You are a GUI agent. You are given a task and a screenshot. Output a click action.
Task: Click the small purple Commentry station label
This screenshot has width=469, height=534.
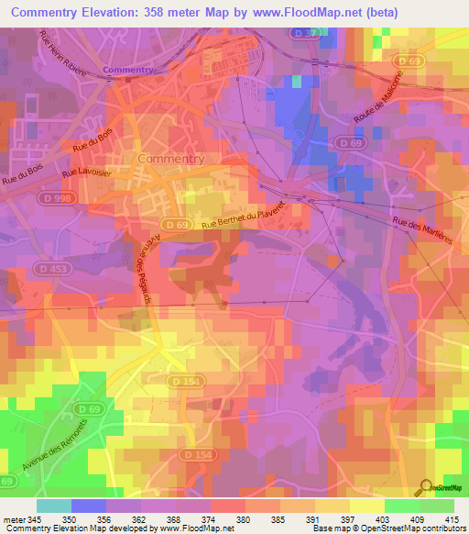126,71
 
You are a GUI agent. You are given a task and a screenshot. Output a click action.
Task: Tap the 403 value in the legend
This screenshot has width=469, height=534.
367,519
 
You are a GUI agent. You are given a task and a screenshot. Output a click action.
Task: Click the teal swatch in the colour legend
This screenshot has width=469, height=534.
54,506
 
